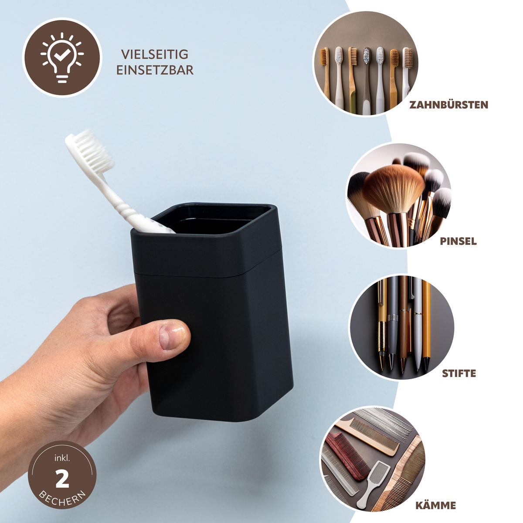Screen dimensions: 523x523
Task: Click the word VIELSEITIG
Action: coord(155,54)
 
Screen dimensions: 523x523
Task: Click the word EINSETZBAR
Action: coord(155,70)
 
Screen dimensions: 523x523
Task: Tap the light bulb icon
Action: coord(61,58)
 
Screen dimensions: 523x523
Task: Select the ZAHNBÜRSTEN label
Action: coord(448,105)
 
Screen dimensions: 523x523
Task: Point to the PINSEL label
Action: coord(458,241)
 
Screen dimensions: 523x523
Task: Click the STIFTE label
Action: coord(459,374)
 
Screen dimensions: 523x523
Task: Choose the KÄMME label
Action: coord(435,506)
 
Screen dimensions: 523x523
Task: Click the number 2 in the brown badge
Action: coord(62,480)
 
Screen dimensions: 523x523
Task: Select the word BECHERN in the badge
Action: coord(61,497)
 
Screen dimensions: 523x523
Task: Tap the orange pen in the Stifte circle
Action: coord(426,323)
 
